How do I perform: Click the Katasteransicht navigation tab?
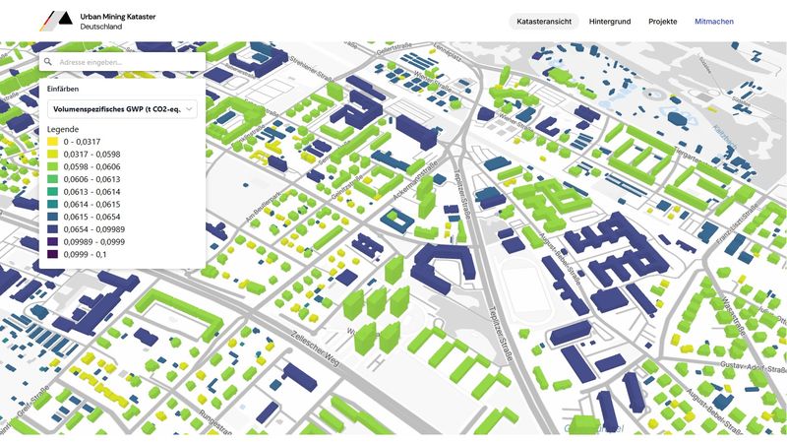[x=544, y=22]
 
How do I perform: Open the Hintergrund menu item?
[x=610, y=22]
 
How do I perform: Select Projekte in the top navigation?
[x=662, y=22]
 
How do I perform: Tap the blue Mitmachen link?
[x=714, y=22]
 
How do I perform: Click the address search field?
[x=128, y=62]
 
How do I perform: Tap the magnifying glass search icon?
[x=47, y=62]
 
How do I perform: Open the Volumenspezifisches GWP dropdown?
[x=122, y=109]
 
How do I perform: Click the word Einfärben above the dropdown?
[x=63, y=89]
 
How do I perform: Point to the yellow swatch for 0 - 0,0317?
[x=52, y=142]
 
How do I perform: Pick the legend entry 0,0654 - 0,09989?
[x=94, y=229]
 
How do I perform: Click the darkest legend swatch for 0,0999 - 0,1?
[x=52, y=255]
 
